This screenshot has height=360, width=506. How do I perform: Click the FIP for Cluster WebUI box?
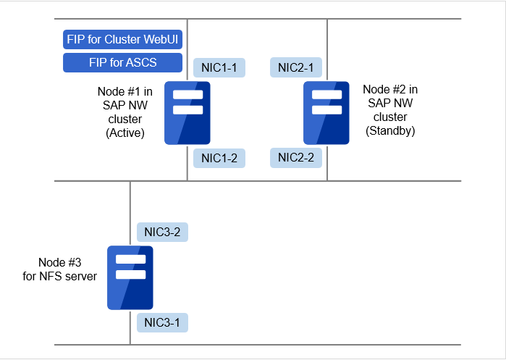coord(123,40)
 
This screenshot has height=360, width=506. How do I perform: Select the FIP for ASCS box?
coord(123,63)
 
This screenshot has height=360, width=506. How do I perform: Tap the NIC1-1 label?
coord(219,68)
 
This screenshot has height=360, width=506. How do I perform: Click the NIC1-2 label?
coord(219,158)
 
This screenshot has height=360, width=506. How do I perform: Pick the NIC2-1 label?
coord(296,68)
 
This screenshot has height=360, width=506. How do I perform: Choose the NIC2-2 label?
coord(296,158)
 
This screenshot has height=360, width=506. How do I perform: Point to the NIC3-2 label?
coord(163,232)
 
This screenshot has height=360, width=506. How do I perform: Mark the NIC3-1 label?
coord(163,322)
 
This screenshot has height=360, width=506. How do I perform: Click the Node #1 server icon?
coord(187,113)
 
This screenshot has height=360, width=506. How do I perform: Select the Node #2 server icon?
coord(326,113)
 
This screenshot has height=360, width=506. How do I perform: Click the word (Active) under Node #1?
coord(125,133)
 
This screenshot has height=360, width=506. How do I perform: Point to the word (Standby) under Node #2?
coord(390,131)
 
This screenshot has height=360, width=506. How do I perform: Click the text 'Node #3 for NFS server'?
coord(59,269)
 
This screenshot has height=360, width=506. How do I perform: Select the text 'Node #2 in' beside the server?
coord(390,89)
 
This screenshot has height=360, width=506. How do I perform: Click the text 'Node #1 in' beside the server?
coord(125,91)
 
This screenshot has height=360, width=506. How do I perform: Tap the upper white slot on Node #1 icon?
coord(187,95)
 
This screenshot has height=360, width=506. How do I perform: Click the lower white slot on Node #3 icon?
coord(130,275)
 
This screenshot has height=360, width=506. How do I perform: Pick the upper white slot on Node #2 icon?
coord(326,95)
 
